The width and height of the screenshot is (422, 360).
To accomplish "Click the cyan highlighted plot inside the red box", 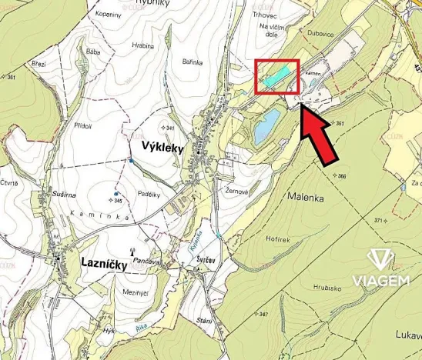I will tap(278, 75).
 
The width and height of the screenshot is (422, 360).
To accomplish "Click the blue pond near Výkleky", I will tap(265, 124).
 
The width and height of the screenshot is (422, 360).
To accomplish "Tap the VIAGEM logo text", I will tap(380, 279).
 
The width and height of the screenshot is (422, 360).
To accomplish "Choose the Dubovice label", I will tap(320, 33).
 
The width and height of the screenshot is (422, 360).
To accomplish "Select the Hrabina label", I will tap(143, 45).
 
